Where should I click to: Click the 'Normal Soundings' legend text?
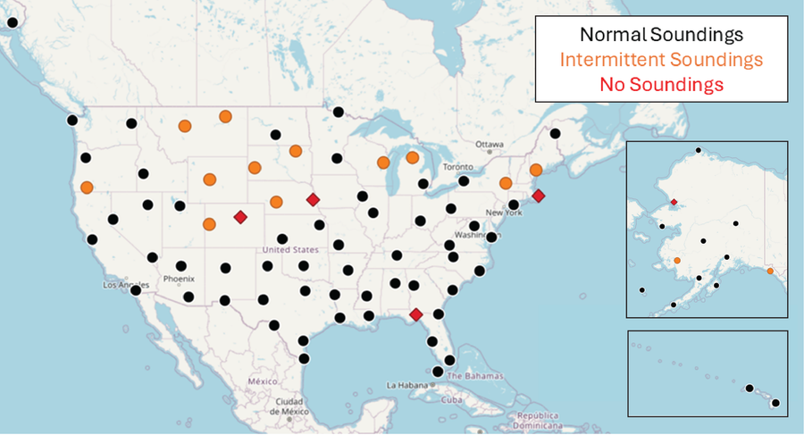661,36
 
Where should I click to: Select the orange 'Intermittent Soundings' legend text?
661,60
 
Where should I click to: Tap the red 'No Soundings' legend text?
661,85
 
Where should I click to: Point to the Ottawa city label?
489,144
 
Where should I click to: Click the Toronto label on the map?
457,167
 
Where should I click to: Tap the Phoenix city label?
179,279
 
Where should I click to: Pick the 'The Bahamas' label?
466,377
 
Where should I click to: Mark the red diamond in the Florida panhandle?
415,314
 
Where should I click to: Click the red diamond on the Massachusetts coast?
538,196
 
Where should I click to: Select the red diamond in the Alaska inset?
674,203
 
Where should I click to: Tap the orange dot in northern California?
87,188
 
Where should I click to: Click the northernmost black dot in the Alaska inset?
698,150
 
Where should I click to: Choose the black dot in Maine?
555,134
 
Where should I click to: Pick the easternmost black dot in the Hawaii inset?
775,403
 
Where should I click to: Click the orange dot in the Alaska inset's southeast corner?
770,271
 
